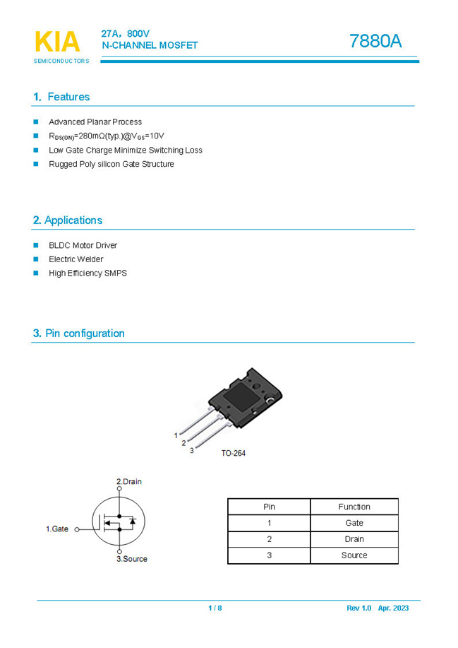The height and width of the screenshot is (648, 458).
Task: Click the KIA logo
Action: point(57,43)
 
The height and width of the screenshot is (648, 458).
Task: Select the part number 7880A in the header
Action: point(375,42)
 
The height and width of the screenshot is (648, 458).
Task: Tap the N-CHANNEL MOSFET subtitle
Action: point(150,45)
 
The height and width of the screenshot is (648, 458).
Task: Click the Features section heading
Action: point(61,97)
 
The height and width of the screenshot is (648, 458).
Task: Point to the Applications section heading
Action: point(68,220)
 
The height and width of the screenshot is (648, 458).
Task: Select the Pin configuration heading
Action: point(78,334)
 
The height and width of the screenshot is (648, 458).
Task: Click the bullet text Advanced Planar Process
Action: point(95,122)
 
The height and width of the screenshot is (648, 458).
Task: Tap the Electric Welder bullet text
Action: point(76,259)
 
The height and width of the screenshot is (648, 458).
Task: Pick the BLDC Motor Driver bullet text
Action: point(83,245)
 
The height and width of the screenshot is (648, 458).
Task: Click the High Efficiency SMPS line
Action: point(88,273)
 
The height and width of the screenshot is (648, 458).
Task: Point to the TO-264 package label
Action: point(234,453)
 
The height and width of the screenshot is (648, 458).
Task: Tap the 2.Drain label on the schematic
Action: point(129,482)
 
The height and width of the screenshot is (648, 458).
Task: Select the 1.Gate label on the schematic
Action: point(57,529)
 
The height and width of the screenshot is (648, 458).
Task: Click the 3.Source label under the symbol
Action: point(132,559)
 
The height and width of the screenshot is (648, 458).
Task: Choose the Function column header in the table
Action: point(354,507)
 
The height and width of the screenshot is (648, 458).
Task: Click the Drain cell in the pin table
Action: point(354,539)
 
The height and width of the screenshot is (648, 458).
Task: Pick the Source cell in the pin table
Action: point(354,555)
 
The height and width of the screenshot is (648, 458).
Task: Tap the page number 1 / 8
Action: point(215,608)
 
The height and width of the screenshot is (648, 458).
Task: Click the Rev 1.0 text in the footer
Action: point(358,608)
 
